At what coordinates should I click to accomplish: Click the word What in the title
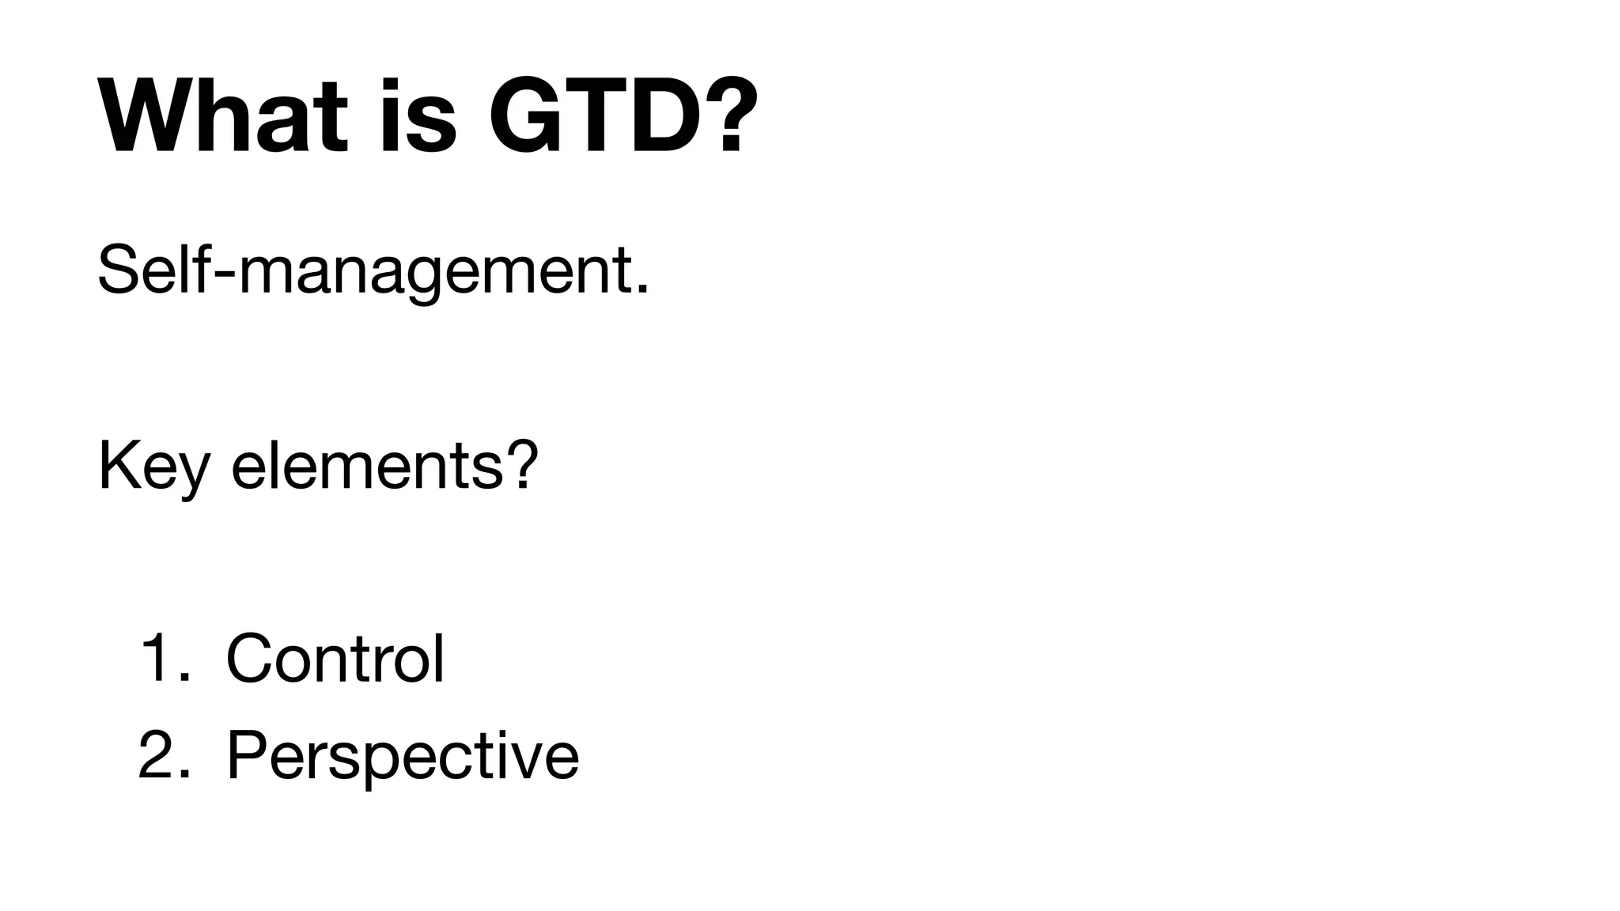coord(222,116)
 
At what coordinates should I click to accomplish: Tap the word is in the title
coord(418,116)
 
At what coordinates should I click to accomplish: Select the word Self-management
coord(372,271)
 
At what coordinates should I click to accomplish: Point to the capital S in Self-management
coord(119,270)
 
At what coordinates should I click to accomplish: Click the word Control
coord(335,658)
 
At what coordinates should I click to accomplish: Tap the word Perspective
coord(403,756)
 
